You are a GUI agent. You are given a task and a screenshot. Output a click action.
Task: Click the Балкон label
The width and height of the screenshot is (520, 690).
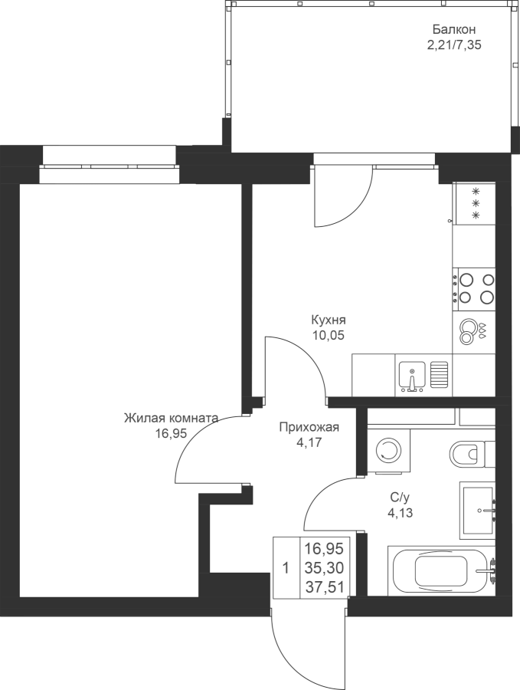click(454, 30)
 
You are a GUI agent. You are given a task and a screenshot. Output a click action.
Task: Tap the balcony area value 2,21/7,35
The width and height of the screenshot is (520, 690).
click(454, 45)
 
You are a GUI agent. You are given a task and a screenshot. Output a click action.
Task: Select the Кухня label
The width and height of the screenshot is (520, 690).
click(329, 320)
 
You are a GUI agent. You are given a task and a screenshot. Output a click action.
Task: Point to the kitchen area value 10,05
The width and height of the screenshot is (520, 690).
click(328, 335)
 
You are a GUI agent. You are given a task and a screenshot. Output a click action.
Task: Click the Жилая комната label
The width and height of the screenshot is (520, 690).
click(171, 418)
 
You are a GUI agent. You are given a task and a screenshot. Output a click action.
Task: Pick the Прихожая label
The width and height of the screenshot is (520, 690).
click(309, 427)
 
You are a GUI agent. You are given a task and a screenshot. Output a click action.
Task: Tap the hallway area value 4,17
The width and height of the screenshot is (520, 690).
click(309, 442)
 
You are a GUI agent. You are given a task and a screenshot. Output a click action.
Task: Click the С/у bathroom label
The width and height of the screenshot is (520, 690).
click(400, 498)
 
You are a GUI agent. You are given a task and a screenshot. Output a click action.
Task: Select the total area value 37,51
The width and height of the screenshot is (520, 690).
click(325, 586)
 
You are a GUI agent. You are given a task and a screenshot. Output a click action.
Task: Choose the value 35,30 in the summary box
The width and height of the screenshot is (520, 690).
click(325, 568)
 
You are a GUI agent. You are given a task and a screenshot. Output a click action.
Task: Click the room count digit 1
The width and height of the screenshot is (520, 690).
click(286, 568)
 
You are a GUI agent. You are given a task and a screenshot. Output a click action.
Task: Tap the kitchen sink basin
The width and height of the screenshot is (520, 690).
click(412, 376)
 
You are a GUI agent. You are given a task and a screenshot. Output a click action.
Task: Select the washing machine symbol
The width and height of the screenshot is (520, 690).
click(388, 451)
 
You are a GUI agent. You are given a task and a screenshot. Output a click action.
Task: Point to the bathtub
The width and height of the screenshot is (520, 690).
click(441, 570)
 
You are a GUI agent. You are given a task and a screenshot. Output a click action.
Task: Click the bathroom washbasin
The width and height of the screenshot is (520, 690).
click(477, 511)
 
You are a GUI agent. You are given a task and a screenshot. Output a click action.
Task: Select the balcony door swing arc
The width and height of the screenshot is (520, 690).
click(344, 197)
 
